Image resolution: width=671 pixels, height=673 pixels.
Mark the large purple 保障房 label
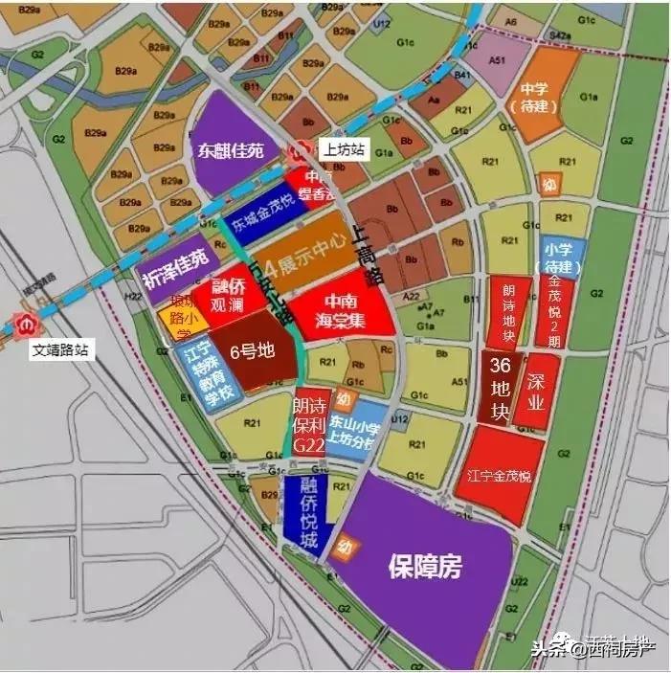click(x=424, y=567)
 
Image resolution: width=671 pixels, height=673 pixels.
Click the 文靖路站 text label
click(x=59, y=350)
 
